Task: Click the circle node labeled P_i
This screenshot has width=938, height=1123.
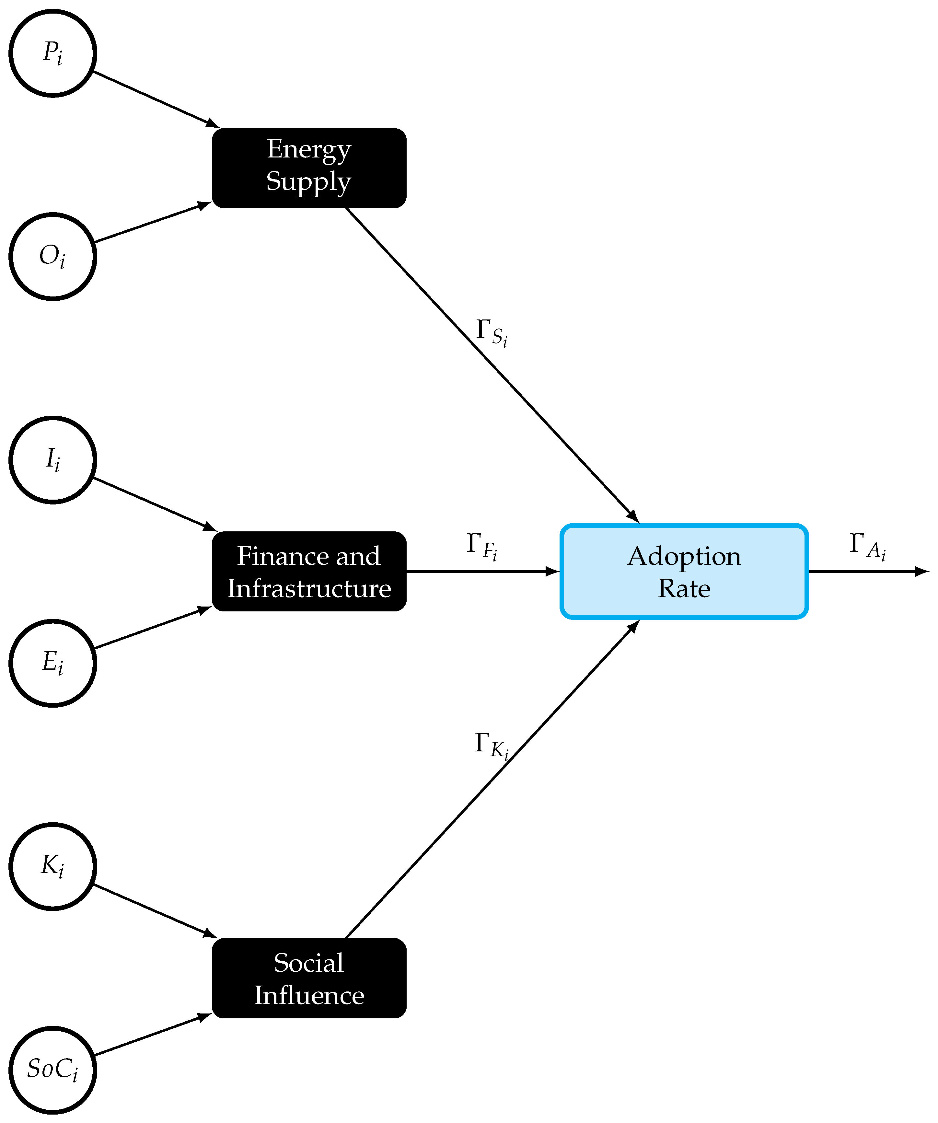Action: pyautogui.click(x=52, y=53)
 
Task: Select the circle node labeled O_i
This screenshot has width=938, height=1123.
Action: pyautogui.click(x=52, y=257)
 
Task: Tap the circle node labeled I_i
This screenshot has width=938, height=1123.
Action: pyautogui.click(x=52, y=460)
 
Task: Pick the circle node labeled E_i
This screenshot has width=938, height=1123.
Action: pyautogui.click(x=52, y=663)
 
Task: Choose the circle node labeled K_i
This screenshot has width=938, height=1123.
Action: pyautogui.click(x=52, y=866)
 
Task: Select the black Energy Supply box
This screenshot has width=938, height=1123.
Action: pyautogui.click(x=309, y=168)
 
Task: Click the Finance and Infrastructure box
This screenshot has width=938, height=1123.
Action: pyautogui.click(x=309, y=571)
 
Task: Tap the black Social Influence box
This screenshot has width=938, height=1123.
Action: pyautogui.click(x=309, y=978)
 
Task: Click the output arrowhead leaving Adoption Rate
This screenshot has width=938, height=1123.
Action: pyautogui.click(x=922, y=571)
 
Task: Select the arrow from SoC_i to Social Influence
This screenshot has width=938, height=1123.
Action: pyautogui.click(x=152, y=1036)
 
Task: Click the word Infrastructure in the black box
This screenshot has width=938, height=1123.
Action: pyautogui.click(x=309, y=588)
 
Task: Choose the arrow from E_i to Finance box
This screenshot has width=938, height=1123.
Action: pyautogui.click(x=152, y=628)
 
